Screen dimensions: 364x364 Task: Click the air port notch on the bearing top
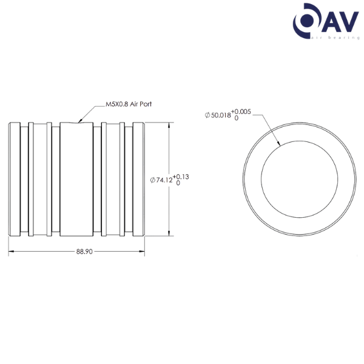pos(77,122)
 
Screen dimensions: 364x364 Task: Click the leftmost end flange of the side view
pos(12,179)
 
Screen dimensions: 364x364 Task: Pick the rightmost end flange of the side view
pos(138,179)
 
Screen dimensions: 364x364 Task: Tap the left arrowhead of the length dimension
pos(10,251)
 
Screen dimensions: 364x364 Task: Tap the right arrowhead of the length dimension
pos(143,251)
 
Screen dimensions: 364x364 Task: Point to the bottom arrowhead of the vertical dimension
pos(169,234)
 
